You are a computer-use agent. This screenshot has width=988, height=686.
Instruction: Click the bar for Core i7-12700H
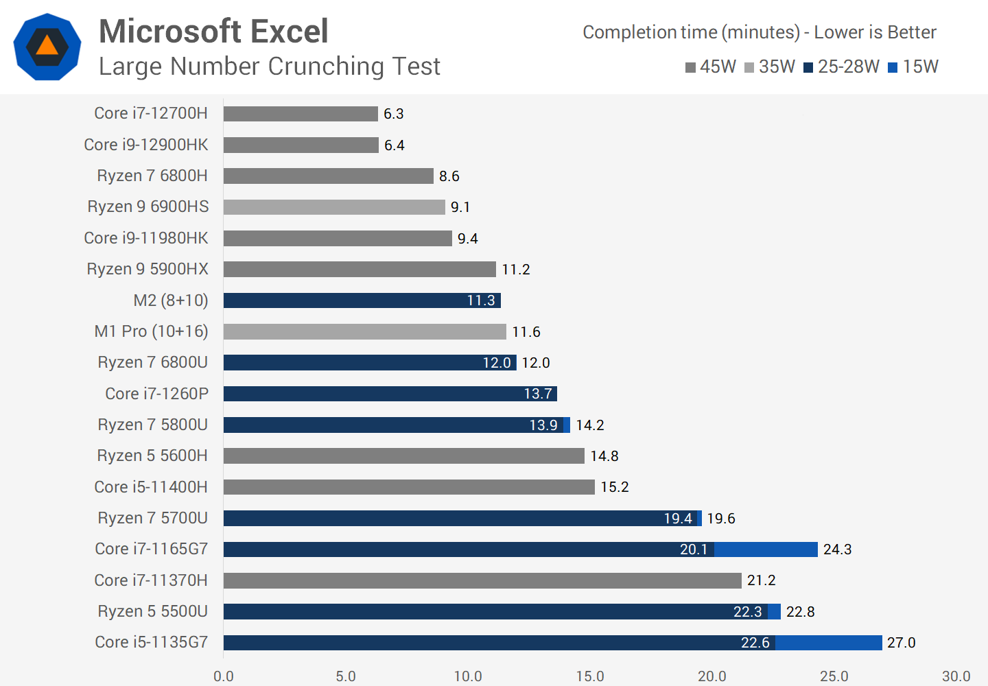tap(301, 114)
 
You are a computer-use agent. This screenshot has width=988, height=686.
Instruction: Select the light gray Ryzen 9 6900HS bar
tap(334, 207)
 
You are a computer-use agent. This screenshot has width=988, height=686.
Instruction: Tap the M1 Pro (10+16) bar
tap(364, 332)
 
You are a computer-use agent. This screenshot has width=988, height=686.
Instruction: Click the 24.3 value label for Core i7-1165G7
tap(837, 549)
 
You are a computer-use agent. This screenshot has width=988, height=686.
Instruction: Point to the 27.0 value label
tap(901, 643)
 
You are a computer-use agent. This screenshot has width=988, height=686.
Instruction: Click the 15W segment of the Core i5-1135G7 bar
tap(829, 643)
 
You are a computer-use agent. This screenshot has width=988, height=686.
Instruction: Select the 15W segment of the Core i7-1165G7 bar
tap(766, 549)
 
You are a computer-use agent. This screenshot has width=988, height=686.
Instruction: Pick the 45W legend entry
tap(711, 67)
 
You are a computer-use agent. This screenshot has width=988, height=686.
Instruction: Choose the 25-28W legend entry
tap(842, 67)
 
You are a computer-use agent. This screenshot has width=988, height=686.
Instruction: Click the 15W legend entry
tap(913, 67)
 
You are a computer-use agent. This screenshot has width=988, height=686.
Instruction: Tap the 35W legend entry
tap(770, 67)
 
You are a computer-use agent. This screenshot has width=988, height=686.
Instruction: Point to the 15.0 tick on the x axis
tap(590, 676)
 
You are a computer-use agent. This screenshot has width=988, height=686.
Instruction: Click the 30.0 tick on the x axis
tap(956, 676)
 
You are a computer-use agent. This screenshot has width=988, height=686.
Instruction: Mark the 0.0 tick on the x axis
tap(224, 676)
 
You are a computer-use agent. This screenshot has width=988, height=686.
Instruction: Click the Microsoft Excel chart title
tap(213, 32)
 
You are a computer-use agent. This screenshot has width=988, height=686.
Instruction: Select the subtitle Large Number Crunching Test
tap(269, 67)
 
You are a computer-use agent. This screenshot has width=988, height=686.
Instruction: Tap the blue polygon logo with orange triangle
tap(47, 47)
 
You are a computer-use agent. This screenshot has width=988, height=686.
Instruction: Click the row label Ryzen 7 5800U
tap(152, 425)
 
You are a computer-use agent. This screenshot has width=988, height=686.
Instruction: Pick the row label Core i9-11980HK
tap(145, 238)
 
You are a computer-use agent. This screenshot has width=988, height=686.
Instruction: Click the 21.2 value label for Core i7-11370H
tap(761, 580)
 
